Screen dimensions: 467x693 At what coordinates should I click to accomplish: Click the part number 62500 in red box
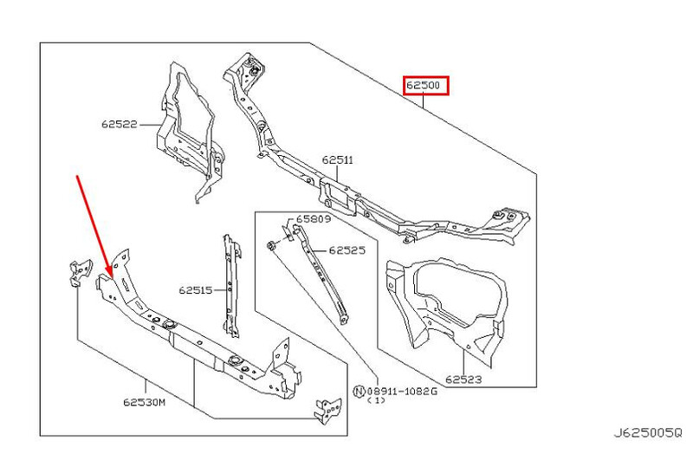426,86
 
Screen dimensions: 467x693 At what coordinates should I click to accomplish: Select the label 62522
119,125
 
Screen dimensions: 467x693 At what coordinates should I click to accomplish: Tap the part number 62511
337,159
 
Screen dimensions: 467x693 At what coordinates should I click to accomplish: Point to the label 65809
313,219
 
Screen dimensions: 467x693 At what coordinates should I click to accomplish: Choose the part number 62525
346,250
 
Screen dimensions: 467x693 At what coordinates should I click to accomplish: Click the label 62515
196,290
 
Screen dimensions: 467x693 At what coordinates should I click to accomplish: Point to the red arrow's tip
109,275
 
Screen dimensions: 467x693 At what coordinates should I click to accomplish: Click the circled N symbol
359,391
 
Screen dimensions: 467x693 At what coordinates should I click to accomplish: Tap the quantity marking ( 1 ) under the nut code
377,401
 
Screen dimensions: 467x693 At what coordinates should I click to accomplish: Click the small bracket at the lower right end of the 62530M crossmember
328,408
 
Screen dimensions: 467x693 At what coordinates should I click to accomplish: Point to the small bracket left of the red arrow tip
80,269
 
